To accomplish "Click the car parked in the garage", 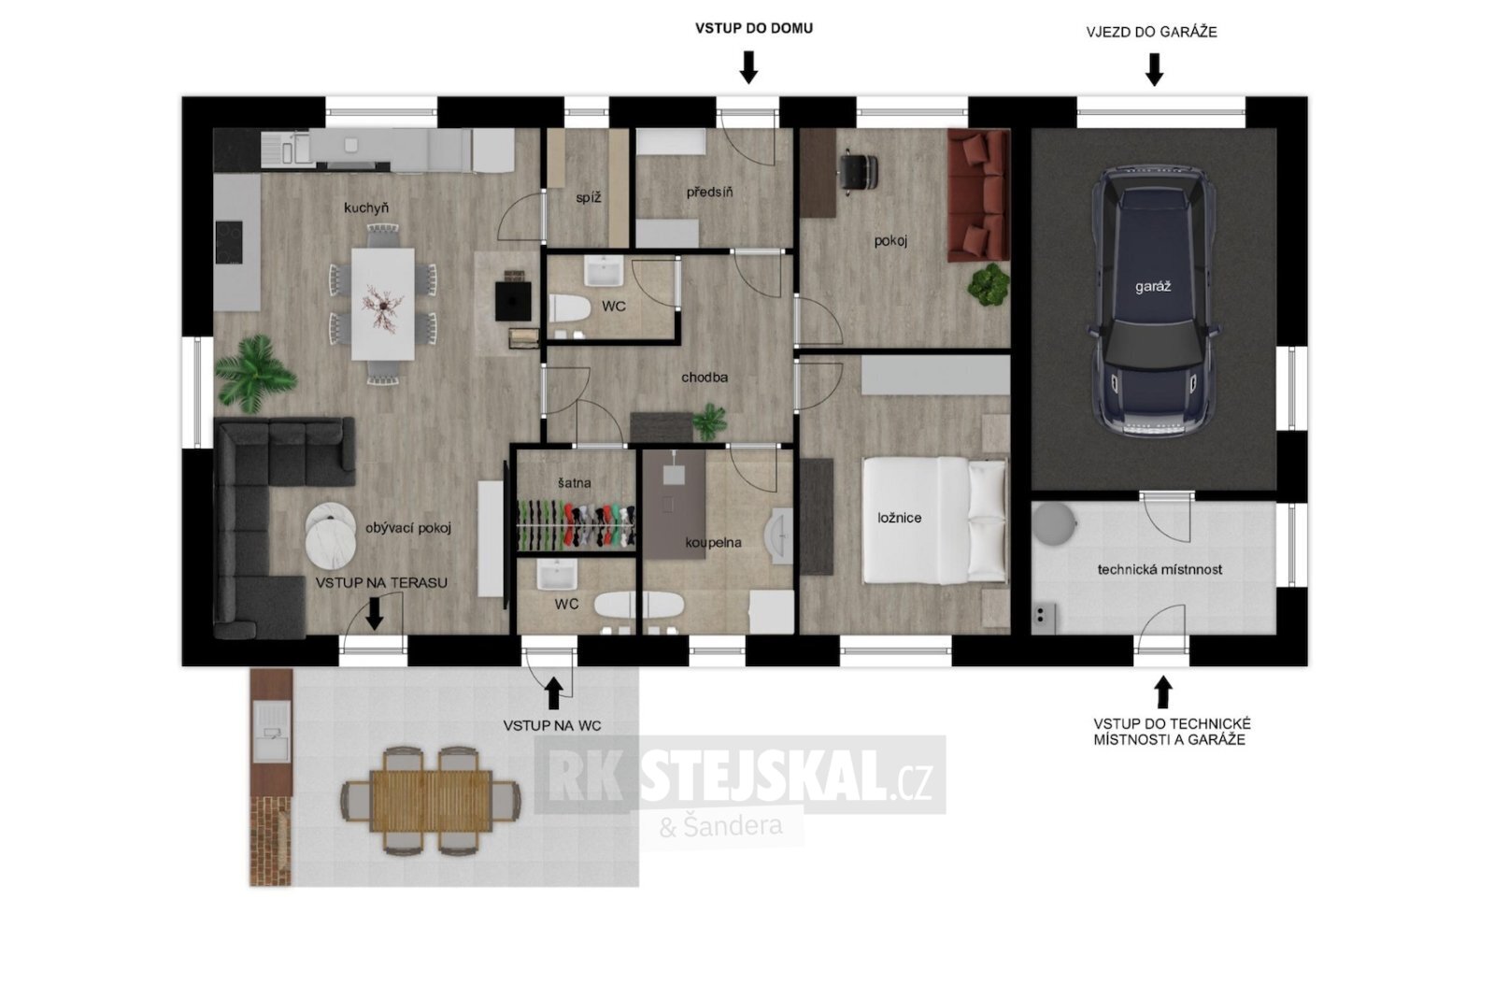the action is (1153, 302).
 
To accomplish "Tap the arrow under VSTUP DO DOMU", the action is (748, 66).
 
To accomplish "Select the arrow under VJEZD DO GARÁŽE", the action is (1155, 69).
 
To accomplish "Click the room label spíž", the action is (588, 198).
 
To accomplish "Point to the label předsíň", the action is (709, 193).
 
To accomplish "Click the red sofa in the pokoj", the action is (978, 195).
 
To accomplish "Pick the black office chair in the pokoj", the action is (859, 173).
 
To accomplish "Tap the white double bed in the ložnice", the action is (934, 520).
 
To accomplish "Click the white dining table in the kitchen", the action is (382, 304).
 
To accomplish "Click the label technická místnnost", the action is (1160, 570).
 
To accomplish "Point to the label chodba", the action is (705, 378).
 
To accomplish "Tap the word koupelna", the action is (713, 543).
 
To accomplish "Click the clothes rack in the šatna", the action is (576, 524).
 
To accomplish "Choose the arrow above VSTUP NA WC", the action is (553, 693).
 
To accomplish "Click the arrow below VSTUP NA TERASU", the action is (375, 613).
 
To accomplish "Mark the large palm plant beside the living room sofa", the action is (255, 374).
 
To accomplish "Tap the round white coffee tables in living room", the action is (331, 535).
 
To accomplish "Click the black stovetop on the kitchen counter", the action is (228, 242).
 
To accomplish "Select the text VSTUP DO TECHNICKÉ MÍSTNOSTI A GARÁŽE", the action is (1172, 732).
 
